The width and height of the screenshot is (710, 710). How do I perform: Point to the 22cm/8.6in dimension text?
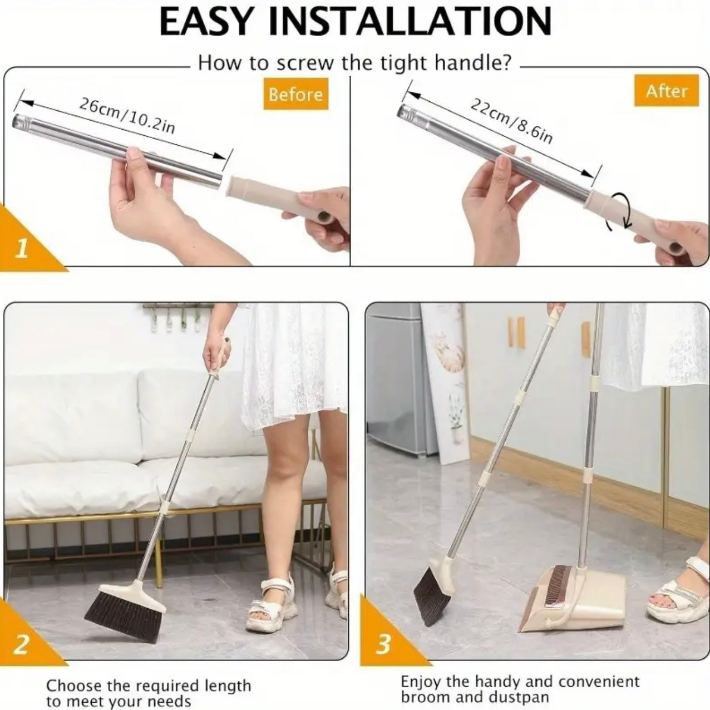511,120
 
